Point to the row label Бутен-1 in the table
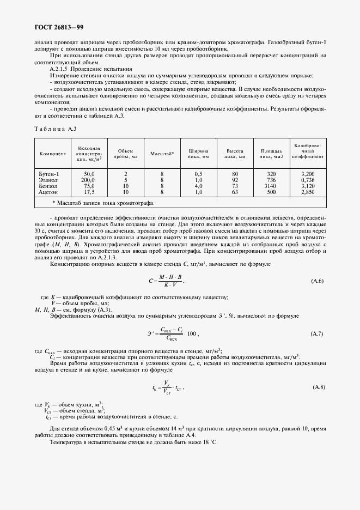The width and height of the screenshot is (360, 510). click(x=49, y=173)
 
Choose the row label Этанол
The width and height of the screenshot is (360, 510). click(x=48, y=180)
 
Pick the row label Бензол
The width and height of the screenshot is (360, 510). click(x=48, y=186)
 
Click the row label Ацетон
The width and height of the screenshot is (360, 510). click(x=48, y=192)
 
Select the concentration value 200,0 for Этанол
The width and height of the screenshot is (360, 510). click(x=88, y=180)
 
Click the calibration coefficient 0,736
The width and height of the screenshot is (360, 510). click(x=308, y=180)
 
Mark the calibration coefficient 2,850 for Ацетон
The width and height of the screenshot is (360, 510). click(x=308, y=192)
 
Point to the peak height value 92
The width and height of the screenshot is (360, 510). click(x=235, y=180)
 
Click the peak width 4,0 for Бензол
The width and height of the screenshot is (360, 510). click(x=198, y=186)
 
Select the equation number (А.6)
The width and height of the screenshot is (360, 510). click(x=318, y=281)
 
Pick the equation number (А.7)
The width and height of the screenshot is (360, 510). click(x=318, y=333)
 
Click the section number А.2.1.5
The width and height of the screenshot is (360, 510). click(x=60, y=69)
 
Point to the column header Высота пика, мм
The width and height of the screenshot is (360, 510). click(x=235, y=153)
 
